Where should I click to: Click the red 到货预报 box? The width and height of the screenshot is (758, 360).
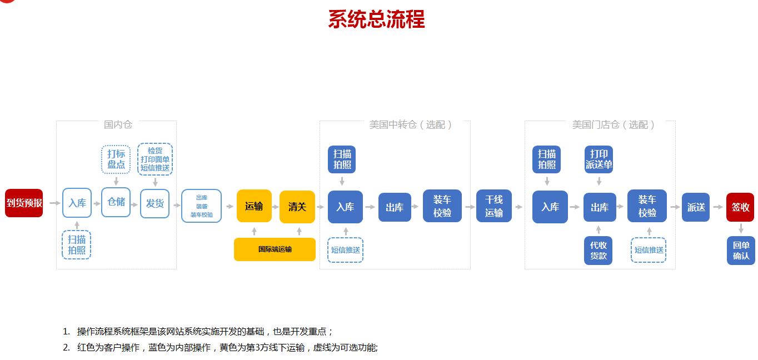pos(24,203)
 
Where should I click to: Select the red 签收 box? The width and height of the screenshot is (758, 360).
pos(740,207)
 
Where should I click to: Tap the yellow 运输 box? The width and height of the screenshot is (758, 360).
pos(254,207)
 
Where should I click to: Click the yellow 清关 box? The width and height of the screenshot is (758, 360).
pos(297,207)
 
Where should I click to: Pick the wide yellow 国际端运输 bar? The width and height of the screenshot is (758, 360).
pos(275,249)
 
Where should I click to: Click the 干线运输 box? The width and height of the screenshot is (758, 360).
pos(493,206)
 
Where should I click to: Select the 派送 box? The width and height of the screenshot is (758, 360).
pos(696,207)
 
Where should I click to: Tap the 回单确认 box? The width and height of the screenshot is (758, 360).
pos(741,251)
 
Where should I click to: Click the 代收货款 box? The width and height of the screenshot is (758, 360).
pos(598,251)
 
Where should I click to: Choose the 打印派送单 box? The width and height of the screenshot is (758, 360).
pos(599,159)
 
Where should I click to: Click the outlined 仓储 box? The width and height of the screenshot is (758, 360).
pos(116,202)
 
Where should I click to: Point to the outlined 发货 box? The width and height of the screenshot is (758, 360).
pos(154,203)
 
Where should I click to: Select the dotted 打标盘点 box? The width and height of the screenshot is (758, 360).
pos(116,159)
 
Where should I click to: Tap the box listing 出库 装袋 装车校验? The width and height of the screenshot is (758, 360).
pos(201,206)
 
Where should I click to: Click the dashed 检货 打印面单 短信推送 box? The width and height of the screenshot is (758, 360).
pos(155,159)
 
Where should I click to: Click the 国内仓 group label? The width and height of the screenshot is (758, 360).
pos(118,124)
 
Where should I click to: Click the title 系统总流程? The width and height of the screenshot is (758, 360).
pos(376,19)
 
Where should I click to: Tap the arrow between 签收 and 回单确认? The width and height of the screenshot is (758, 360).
pos(741,228)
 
